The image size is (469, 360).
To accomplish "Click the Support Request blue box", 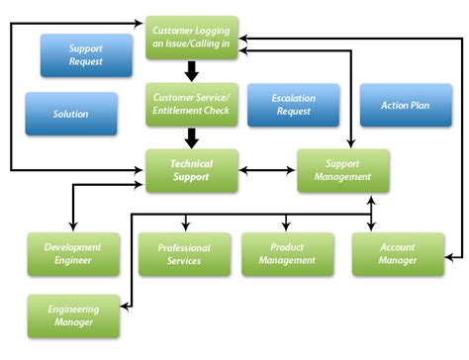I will coord(86,55).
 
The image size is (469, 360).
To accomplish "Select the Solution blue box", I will coord(71,114).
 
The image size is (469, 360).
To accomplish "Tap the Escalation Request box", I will coord(293,105).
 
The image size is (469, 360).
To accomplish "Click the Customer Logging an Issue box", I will coord(192,39).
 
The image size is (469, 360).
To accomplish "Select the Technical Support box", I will coord(192,171).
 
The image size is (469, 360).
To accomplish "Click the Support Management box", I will coord(343,171).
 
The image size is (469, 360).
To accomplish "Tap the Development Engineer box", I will coord(73,254).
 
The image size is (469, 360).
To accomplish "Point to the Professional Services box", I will coord(184,254).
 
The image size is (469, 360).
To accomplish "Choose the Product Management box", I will coord(287,254).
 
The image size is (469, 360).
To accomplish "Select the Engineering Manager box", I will coord(73,315).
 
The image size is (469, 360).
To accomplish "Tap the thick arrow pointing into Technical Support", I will coord(192,138).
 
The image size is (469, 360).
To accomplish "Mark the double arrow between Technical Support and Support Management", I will coord(268,171).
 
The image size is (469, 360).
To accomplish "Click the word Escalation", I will coord(293,99).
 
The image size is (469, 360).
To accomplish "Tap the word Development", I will coord(73,247).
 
